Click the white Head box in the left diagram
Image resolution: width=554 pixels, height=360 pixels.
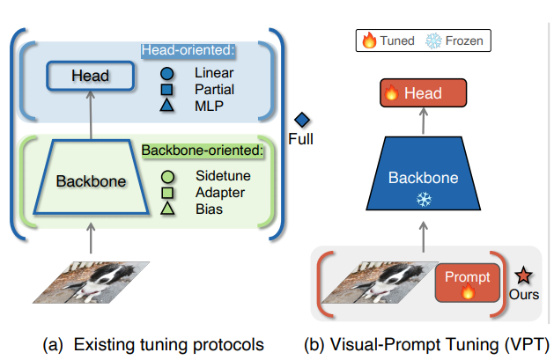click(92, 76)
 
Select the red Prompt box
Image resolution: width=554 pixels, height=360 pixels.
click(468, 283)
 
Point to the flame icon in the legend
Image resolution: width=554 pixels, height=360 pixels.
click(369, 40)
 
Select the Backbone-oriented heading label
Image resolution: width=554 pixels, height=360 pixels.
click(203, 151)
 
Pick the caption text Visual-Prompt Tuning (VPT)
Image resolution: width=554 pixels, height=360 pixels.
click(428, 343)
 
